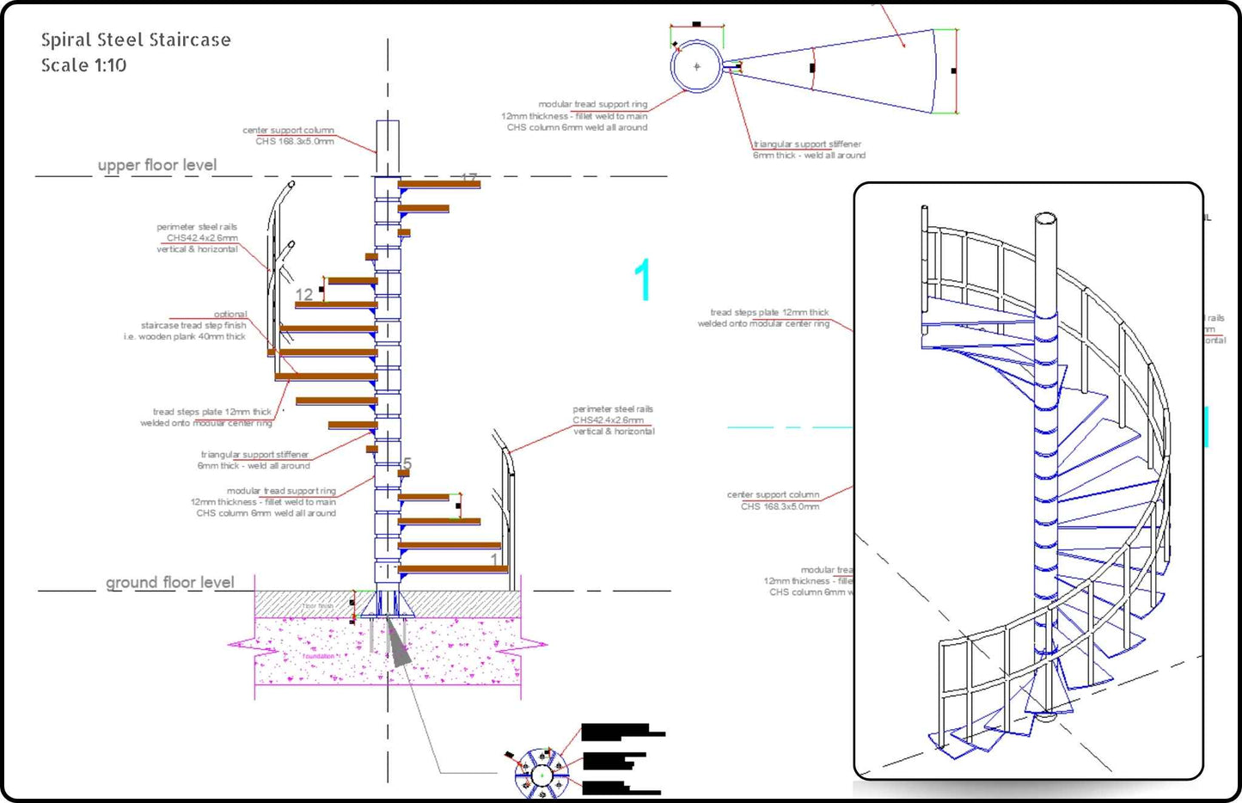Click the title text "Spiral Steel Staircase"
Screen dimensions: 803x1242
pos(136,40)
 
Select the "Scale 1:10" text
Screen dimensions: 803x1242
pos(83,65)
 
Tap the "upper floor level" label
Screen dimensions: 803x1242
pos(156,165)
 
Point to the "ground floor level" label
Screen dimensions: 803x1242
pos(169,582)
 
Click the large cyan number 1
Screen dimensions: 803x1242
pos(643,280)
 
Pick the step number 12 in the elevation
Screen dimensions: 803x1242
pos(304,295)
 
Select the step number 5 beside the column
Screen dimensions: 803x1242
pos(407,464)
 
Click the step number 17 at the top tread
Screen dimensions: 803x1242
pos(468,179)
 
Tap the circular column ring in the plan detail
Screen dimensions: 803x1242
pos(696,66)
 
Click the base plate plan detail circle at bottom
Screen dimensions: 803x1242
pos(541,774)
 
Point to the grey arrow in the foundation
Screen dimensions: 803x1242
pos(396,644)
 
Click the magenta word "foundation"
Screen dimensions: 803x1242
pos(318,656)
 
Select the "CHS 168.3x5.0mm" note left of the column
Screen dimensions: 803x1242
pos(294,141)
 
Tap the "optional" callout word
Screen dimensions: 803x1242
pos(230,314)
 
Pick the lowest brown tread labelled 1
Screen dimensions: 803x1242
pos(453,568)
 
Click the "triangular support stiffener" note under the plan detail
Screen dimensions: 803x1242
pos(807,144)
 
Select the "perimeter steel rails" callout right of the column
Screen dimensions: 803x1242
pos(613,409)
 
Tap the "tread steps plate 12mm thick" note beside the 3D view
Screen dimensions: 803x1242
pos(768,313)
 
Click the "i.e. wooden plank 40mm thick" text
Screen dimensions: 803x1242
pos(185,337)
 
